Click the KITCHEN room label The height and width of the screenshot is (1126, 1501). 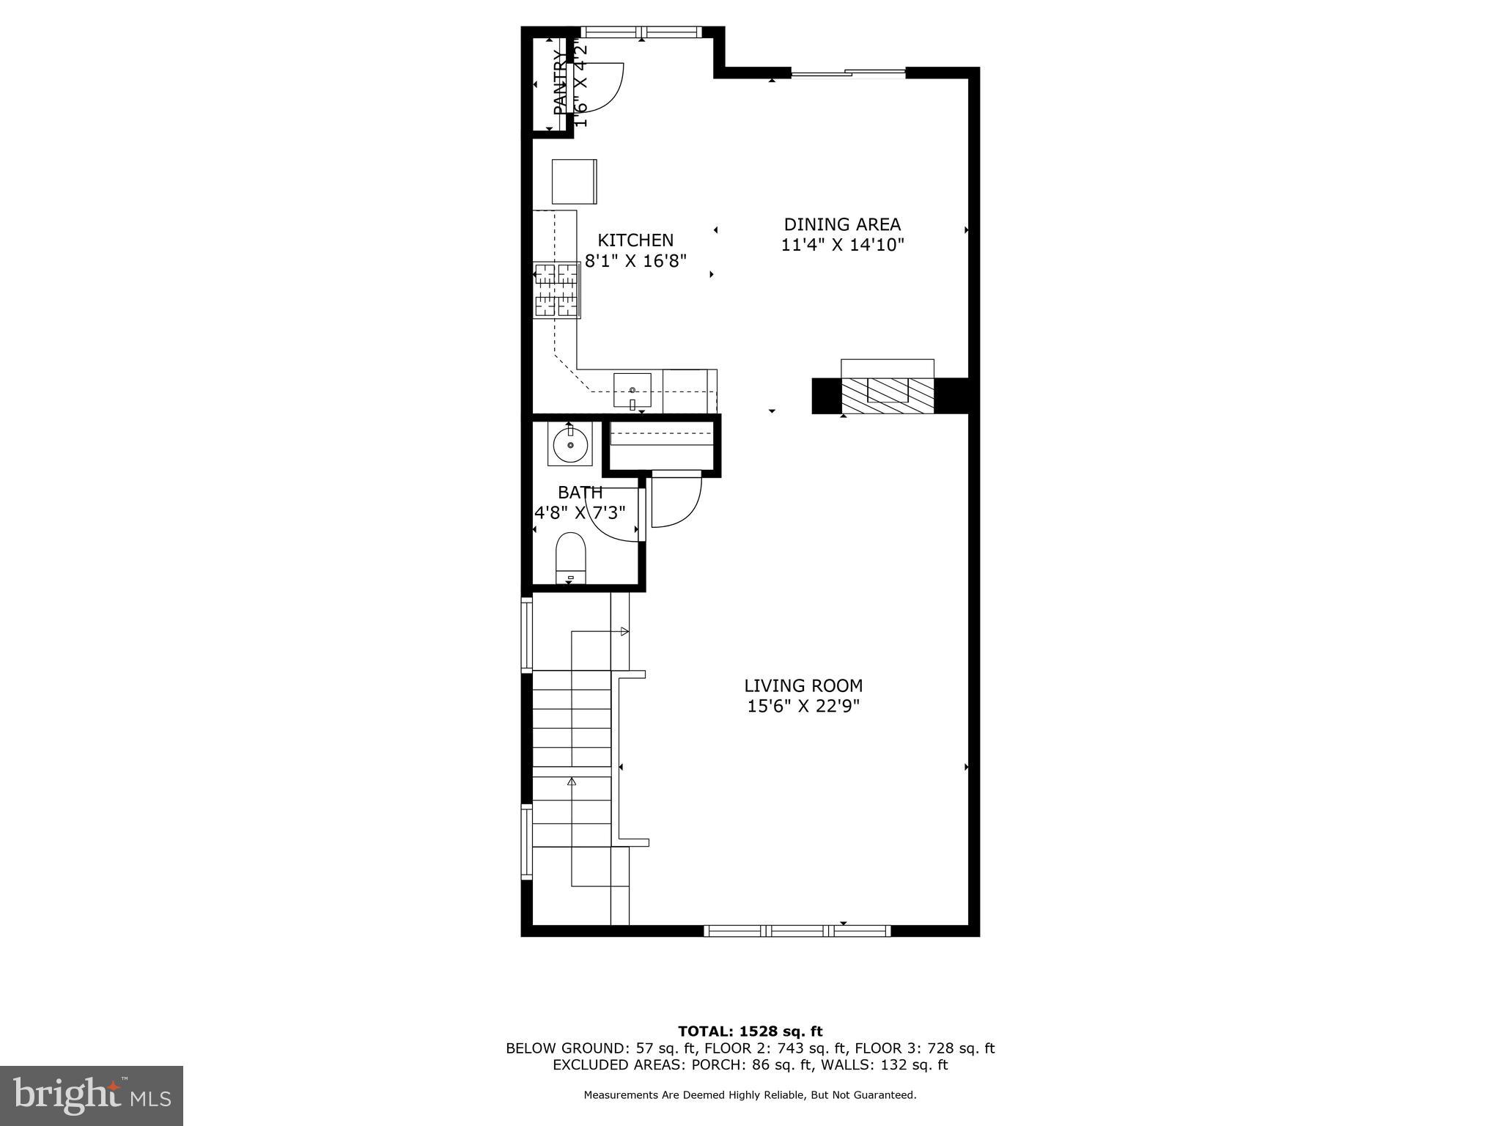click(635, 240)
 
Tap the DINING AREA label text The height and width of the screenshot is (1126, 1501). click(842, 224)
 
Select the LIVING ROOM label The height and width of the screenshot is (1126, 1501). click(803, 685)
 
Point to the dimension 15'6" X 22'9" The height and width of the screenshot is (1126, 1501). click(803, 706)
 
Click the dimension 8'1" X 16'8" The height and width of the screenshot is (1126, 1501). click(635, 261)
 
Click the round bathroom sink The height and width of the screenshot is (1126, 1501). click(570, 444)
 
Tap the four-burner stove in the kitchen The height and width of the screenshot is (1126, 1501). click(557, 290)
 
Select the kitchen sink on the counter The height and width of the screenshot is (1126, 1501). click(632, 390)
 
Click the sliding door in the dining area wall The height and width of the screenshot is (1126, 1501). click(848, 72)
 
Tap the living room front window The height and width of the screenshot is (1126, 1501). click(797, 930)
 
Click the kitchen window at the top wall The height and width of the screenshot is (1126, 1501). click(641, 32)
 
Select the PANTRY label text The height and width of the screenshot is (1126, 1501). click(560, 82)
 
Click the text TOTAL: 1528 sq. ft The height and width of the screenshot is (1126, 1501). click(750, 1032)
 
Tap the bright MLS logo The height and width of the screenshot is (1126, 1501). click(92, 1095)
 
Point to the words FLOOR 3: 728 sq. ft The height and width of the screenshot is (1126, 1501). click(924, 1048)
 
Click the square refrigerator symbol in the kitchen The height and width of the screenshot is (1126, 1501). click(574, 181)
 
